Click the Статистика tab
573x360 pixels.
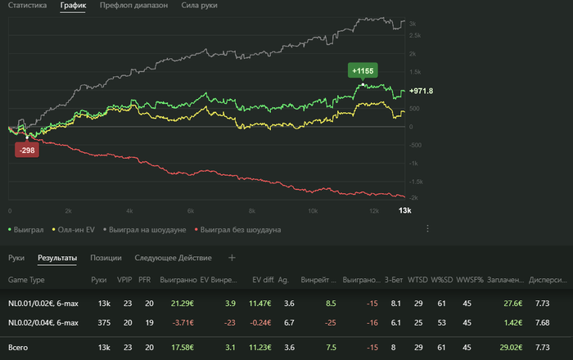27,5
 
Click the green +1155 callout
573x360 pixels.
363,71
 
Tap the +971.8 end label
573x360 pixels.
420,91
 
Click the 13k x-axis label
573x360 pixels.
404,211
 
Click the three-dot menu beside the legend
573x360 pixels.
427,229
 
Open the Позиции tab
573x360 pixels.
106,259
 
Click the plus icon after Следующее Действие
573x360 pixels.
232,259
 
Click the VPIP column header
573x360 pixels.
124,280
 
